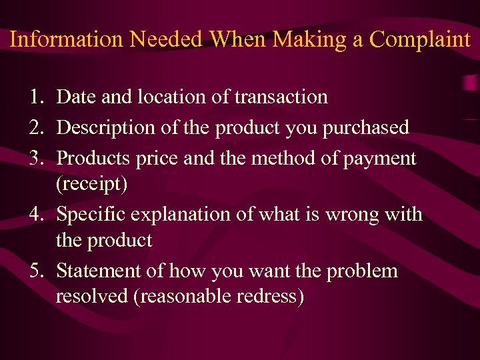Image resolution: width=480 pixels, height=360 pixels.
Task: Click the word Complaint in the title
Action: [x=420, y=39]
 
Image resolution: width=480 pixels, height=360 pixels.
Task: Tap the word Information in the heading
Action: [x=66, y=39]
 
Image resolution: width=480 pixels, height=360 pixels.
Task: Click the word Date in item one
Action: [x=75, y=97]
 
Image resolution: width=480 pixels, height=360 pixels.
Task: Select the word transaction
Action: [x=281, y=97]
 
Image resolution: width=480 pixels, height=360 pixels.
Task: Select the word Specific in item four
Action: [x=93, y=215]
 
